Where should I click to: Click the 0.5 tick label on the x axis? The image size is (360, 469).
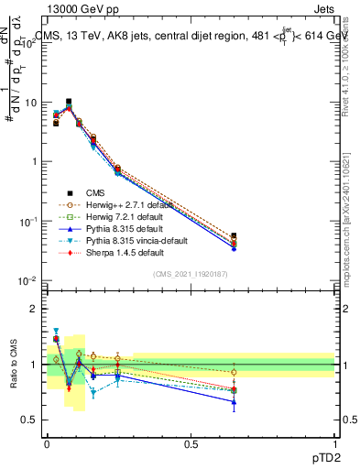[x=191, y=443]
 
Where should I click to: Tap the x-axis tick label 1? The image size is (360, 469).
[x=336, y=443]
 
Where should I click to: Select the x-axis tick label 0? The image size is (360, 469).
[x=47, y=443]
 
